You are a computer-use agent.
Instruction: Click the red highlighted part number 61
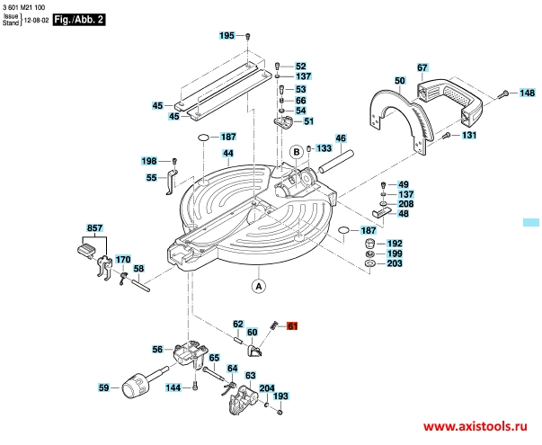coord(292,325)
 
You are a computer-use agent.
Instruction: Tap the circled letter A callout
coord(259,286)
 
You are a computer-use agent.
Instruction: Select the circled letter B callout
coord(297,152)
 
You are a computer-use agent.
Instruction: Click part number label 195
coord(227,35)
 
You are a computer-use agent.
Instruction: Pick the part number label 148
coord(528,93)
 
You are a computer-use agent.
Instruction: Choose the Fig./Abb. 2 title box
coord(79,20)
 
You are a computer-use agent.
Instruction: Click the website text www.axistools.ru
coord(475,427)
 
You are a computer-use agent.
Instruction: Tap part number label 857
coord(94,227)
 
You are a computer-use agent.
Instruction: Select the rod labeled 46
coord(335,161)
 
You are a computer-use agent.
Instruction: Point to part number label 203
coord(395,263)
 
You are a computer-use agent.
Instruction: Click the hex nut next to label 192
coord(370,244)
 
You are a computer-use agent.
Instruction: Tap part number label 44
coord(227,153)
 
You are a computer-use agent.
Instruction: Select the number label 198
coord(149,161)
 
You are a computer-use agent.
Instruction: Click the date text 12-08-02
coord(36,21)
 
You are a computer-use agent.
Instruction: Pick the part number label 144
coord(173,387)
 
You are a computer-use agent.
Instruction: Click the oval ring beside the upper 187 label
coord(203,138)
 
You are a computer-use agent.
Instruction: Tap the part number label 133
coord(324,148)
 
